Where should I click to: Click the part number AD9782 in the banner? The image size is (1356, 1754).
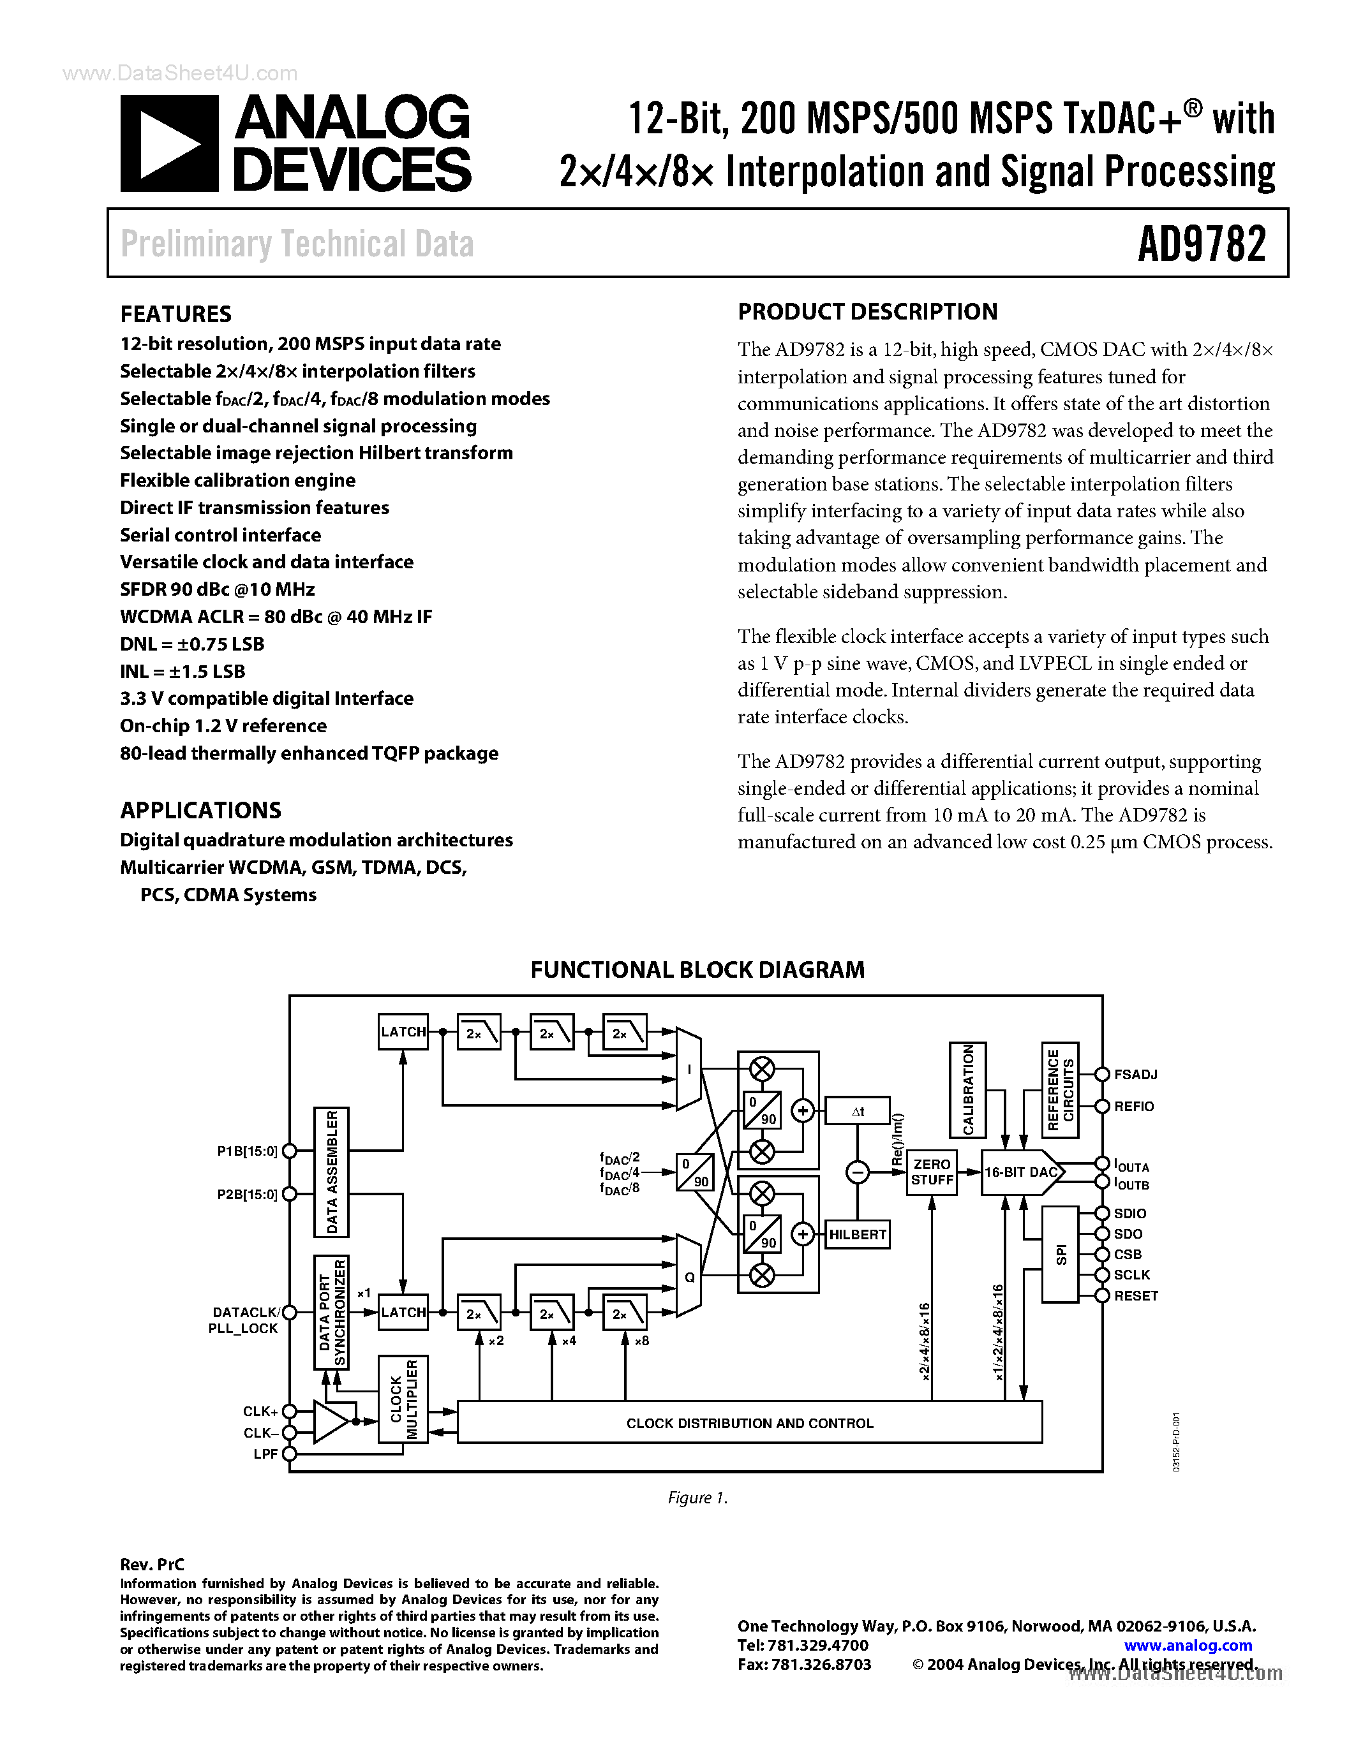(1201, 244)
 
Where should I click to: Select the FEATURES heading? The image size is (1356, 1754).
(176, 314)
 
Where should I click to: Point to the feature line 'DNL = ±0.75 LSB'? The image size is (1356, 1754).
(192, 644)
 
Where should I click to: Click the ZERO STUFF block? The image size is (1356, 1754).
(932, 1172)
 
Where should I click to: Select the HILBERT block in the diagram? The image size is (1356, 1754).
(857, 1234)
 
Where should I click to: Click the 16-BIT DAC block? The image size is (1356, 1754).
(1021, 1172)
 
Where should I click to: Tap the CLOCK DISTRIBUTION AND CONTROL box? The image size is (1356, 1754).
(750, 1423)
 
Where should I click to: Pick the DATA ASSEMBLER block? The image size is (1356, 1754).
(332, 1172)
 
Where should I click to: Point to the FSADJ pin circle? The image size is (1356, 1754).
(1102, 1075)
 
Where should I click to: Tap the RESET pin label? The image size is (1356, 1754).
(1136, 1295)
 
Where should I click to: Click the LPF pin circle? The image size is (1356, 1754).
(289, 1454)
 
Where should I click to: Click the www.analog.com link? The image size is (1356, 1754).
(1188, 1646)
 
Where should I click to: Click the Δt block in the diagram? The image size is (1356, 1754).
(857, 1112)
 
